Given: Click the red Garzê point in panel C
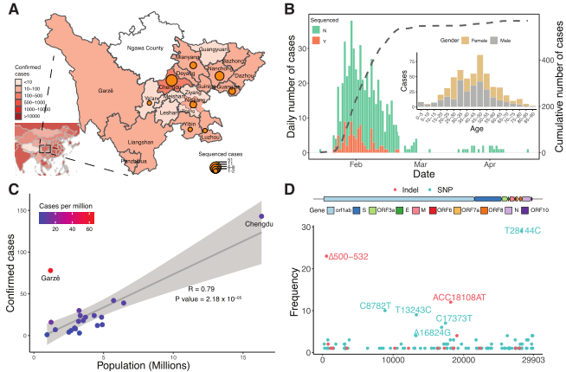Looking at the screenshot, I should (50, 271).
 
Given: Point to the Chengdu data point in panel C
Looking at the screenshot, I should (261, 216).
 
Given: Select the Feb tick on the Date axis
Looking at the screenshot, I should (356, 163).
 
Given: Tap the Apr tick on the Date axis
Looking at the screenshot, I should (491, 163).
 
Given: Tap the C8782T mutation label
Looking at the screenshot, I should (376, 305).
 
